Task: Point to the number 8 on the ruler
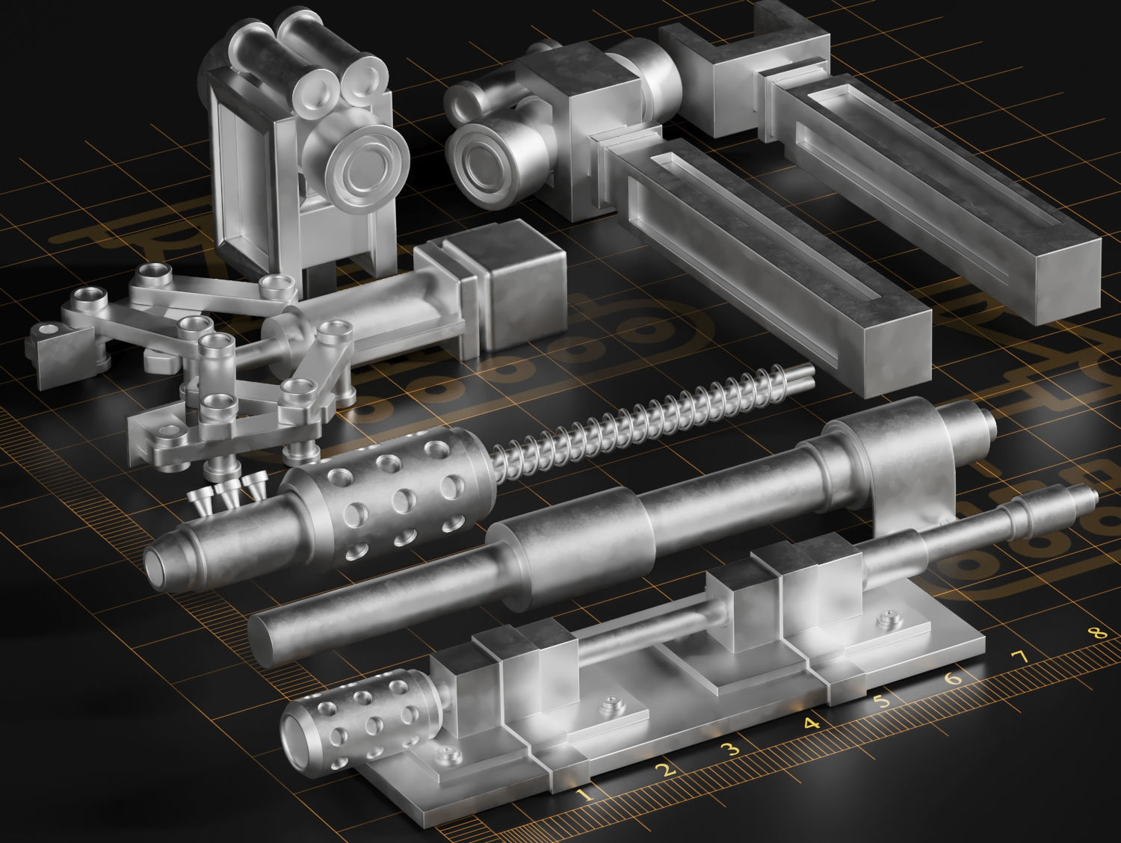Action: click(1096, 634)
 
